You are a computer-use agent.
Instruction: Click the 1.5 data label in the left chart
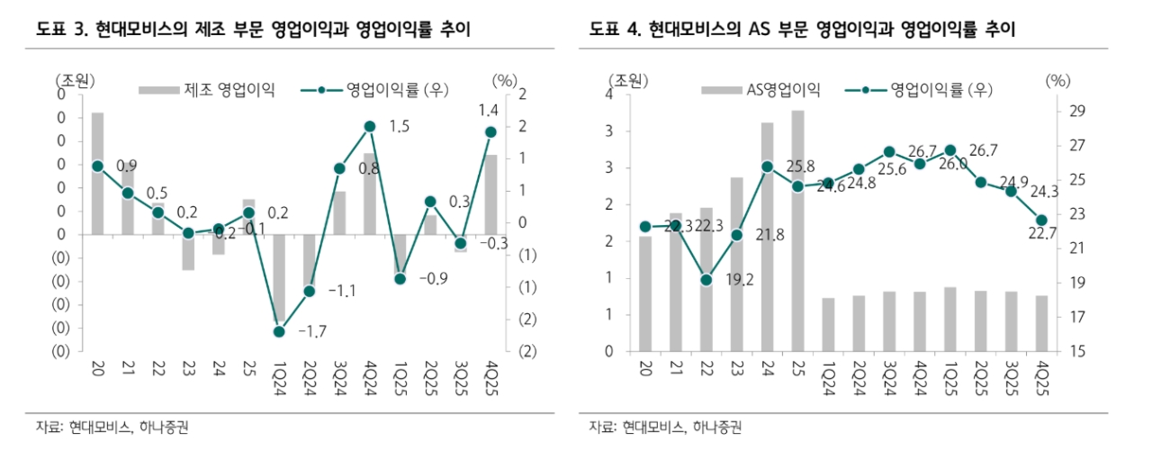click(400, 127)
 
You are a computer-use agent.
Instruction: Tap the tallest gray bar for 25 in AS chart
click(797, 230)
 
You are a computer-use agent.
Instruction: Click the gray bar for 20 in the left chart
click(97, 173)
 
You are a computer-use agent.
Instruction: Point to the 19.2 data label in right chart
click(737, 280)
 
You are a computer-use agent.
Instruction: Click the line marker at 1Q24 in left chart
click(279, 331)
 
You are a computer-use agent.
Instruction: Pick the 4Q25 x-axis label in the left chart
click(490, 382)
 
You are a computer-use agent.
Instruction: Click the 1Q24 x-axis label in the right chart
click(828, 382)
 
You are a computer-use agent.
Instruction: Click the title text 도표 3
click(60, 30)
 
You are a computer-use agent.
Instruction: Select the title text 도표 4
click(615, 30)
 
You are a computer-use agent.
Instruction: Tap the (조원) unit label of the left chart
click(75, 80)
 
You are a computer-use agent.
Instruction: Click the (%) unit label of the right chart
click(1058, 80)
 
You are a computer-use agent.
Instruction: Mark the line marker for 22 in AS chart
click(706, 280)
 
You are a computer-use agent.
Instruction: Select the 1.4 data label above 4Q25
click(489, 111)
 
